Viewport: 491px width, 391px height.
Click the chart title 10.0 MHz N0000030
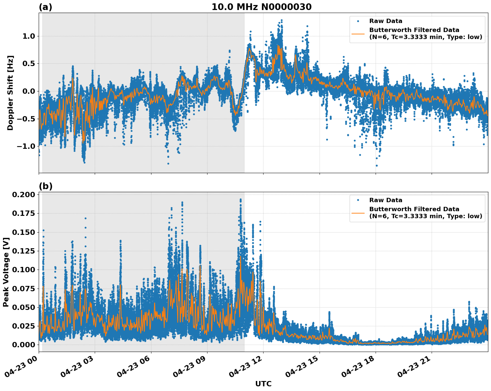coord(261,7)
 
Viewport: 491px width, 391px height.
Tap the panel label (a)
coord(45,7)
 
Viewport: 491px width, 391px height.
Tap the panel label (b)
coord(45,186)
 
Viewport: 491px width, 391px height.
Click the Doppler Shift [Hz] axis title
coord(10,93)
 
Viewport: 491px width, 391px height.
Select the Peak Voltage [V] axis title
coord(6,272)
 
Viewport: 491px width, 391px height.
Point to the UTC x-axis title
coord(263,384)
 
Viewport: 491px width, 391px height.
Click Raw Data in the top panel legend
coord(386,21)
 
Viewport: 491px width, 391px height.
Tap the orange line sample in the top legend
coord(358,33)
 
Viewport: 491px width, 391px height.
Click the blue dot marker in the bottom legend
coord(358,200)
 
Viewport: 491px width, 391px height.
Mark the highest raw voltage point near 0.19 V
coord(240,200)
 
